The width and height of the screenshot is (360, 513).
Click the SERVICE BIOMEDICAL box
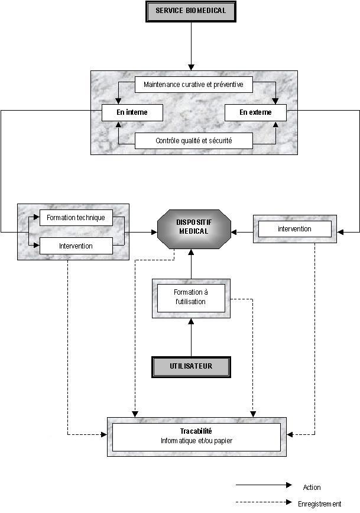click(x=190, y=11)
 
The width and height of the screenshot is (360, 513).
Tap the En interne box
click(x=132, y=112)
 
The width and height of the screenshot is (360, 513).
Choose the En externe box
click(x=255, y=112)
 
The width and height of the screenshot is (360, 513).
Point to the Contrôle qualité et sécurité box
click(x=194, y=141)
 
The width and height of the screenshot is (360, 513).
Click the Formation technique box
click(x=76, y=218)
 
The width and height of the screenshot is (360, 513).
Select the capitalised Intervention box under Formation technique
click(x=76, y=246)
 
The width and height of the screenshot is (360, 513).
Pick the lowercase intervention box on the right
click(x=294, y=228)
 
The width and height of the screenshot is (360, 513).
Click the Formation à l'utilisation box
click(x=190, y=297)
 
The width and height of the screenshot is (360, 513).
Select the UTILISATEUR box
click(x=191, y=366)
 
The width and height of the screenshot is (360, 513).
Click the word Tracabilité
click(x=196, y=431)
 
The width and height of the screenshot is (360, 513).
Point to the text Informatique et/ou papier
click(x=196, y=441)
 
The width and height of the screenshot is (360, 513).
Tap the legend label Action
click(x=312, y=488)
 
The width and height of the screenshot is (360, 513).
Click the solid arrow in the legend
click(x=264, y=485)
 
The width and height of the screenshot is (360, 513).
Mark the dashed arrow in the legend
click(x=264, y=502)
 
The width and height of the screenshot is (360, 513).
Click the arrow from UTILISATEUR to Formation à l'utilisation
click(x=191, y=338)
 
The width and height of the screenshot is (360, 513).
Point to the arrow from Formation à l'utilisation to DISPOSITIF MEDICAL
click(x=191, y=264)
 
